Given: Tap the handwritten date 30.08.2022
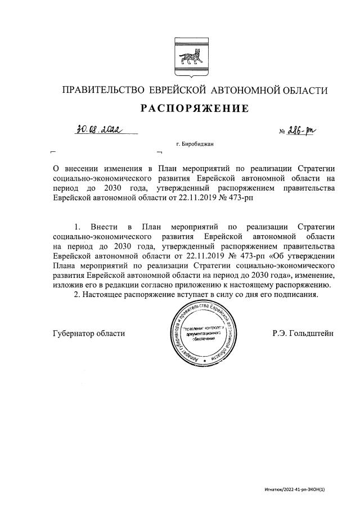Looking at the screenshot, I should coord(100,131).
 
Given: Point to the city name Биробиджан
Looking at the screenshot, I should coord(197,145).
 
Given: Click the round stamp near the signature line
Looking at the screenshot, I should coord(201,332).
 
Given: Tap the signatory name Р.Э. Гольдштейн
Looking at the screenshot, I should coord(303,333).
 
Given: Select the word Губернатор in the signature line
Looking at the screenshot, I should coord(73,333).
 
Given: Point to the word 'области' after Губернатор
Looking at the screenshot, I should coord(110,333).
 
